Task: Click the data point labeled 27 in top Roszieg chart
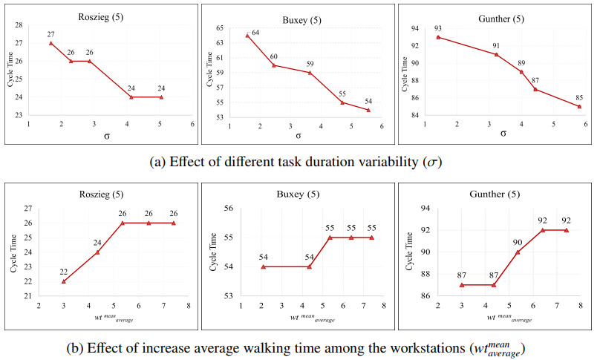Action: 50,43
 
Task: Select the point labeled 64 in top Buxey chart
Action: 247,35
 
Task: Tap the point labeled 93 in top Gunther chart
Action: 439,37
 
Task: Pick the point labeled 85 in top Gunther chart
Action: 579,107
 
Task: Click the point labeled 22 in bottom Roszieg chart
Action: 63,281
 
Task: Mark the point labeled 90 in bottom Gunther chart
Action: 518,252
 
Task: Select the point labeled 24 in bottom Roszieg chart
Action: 97,252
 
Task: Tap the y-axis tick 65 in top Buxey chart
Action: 220,28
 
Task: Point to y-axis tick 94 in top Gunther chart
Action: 416,28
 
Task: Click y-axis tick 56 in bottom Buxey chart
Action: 220,209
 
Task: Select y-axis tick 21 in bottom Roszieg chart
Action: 20,296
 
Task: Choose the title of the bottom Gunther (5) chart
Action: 497,194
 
